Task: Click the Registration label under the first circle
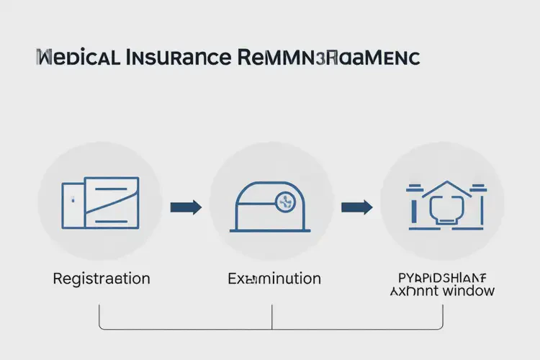point(102,278)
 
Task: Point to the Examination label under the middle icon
point(274,278)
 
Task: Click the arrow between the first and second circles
point(186,208)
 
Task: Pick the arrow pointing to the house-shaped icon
point(356,208)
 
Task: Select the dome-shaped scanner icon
point(271,205)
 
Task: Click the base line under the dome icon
point(271,230)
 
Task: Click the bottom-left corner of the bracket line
point(99,328)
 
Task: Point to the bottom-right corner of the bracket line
point(442,328)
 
